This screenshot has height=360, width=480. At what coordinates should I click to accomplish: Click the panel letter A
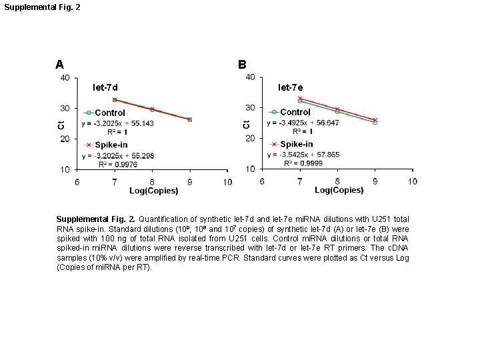click(59, 65)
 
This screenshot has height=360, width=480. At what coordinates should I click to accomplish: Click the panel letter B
click(242, 65)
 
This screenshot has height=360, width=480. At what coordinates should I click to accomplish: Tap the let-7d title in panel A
click(105, 87)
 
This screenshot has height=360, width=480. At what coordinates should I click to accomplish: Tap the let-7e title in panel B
click(291, 87)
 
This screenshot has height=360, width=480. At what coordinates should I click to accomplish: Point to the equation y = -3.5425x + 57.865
click(303, 155)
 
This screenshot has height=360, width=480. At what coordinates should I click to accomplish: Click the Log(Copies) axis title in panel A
click(153, 191)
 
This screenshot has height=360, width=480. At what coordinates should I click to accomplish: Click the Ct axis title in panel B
click(247, 124)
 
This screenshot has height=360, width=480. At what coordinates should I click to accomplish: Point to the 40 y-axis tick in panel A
click(65, 78)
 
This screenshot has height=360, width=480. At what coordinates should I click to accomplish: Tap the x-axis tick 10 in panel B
click(413, 181)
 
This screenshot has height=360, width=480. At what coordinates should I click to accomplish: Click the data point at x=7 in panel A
click(115, 99)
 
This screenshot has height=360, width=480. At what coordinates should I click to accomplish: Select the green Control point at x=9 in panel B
click(375, 123)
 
